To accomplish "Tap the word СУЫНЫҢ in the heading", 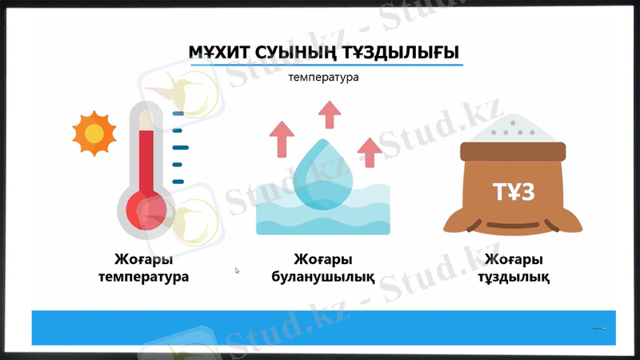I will (x=290, y=53).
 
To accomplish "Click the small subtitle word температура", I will (x=323, y=78).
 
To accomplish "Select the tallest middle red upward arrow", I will (x=327, y=115).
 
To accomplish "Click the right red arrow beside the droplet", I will (x=369, y=150).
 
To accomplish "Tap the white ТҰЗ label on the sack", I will (x=513, y=191).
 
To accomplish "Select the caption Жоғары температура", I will (x=144, y=269).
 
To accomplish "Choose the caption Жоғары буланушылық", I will (x=323, y=269).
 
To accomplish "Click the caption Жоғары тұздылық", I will (x=513, y=269).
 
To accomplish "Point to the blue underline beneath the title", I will (x=323, y=66).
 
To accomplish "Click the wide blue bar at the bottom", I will (x=320, y=327).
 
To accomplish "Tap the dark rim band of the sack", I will (x=513, y=150).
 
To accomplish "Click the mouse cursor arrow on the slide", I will (x=237, y=270).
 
